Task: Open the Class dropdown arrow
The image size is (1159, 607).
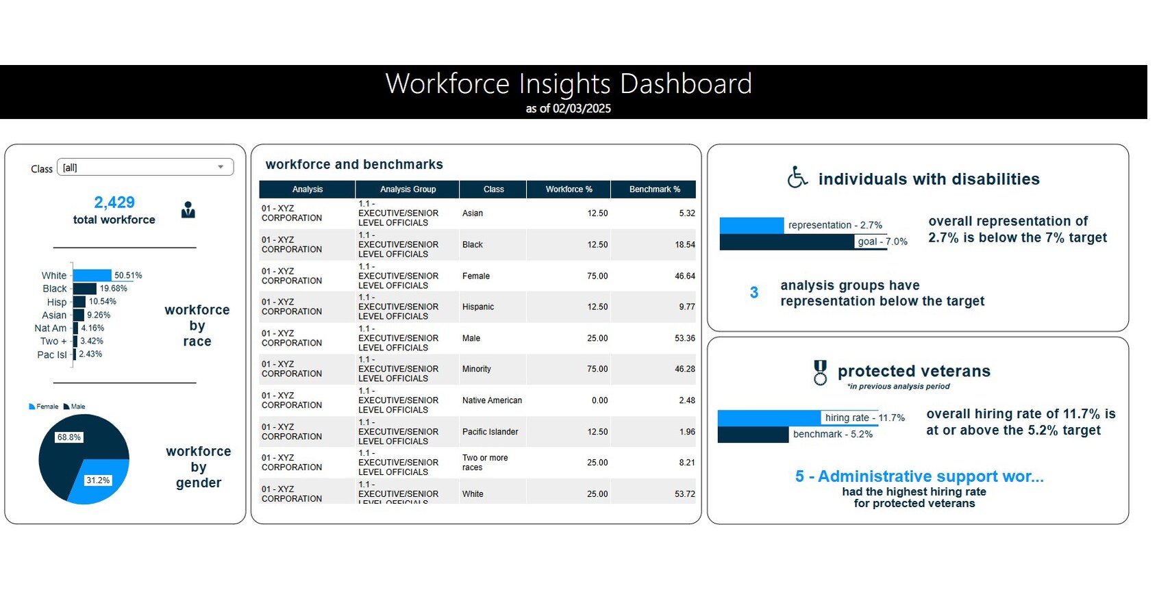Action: click(221, 167)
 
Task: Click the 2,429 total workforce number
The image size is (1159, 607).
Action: click(114, 203)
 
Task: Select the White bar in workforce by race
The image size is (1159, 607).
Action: click(92, 275)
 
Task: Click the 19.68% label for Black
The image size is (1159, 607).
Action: click(114, 289)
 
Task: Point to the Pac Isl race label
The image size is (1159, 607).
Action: click(52, 354)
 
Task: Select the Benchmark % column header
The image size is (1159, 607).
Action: click(654, 190)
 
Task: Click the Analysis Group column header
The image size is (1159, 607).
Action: click(408, 190)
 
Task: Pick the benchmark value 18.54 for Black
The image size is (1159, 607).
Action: click(684, 244)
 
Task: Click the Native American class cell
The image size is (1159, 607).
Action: click(492, 400)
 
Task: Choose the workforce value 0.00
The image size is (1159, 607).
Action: click(599, 400)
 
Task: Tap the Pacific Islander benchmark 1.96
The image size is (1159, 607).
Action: click(687, 432)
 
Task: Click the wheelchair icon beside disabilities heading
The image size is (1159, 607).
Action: click(797, 177)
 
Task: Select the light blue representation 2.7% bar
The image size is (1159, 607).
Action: click(751, 225)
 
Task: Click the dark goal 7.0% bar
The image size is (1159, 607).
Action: click(788, 242)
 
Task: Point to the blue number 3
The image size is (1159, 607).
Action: click(754, 293)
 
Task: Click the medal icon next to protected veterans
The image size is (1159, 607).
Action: click(820, 372)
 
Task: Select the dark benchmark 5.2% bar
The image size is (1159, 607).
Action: click(753, 435)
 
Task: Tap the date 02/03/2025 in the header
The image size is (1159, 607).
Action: click(582, 108)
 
